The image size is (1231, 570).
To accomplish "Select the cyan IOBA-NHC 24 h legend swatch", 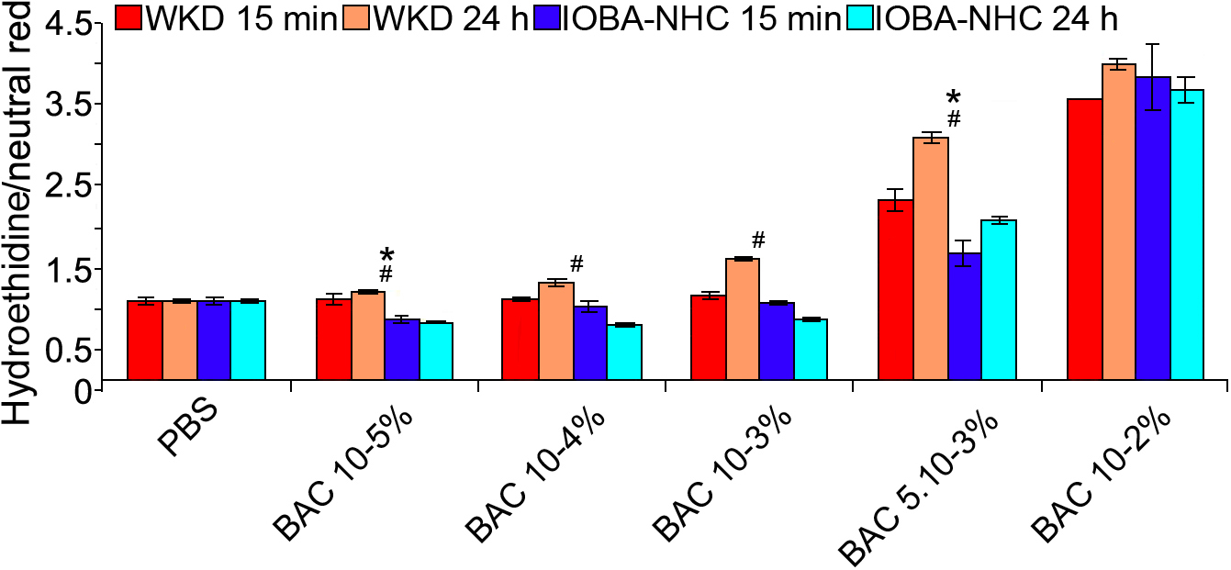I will [x=861, y=17].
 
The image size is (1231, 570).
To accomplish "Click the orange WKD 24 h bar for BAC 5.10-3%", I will [x=930, y=258].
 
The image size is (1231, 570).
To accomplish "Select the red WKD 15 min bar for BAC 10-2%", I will [x=1084, y=239].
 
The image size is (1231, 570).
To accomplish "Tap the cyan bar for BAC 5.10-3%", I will [x=999, y=299].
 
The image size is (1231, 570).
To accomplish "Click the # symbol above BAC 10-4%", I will [x=576, y=264].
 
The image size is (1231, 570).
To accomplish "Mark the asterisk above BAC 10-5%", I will [x=386, y=255].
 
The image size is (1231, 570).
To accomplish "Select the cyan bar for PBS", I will [x=248, y=340].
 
